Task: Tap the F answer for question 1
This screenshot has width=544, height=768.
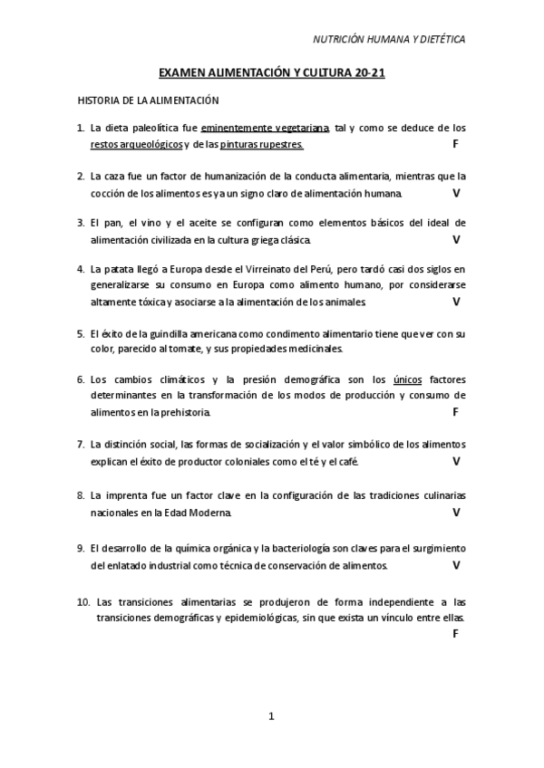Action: click(455, 145)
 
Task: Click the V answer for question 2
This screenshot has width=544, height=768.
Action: click(456, 193)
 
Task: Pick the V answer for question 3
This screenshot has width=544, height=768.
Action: click(456, 240)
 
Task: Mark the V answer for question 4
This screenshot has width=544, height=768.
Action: click(456, 301)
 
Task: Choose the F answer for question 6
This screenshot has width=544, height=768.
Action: click(455, 412)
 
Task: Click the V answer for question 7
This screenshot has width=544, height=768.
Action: click(456, 461)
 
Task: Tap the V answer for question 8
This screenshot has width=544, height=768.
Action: click(456, 512)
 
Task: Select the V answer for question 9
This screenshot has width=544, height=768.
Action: click(456, 565)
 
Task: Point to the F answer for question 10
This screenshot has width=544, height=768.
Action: click(455, 633)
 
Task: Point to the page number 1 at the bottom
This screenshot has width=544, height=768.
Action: click(271, 716)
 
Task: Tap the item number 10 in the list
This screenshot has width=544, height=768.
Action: click(83, 600)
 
